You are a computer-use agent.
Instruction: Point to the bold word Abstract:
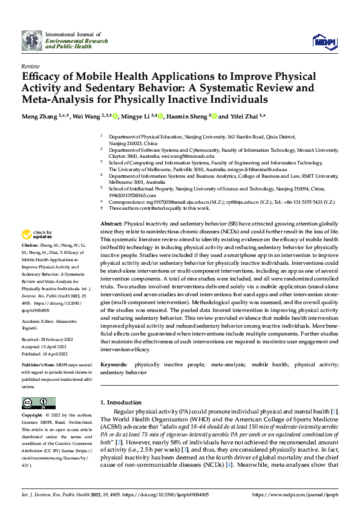pos(113,224)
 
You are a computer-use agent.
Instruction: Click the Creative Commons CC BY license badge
pos(38,403)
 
